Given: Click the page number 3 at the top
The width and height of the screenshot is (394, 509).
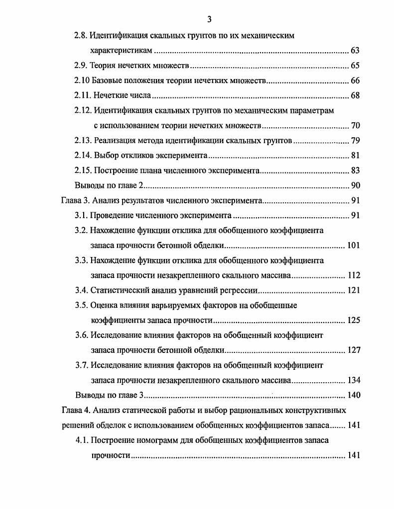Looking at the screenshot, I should click(x=209, y=19).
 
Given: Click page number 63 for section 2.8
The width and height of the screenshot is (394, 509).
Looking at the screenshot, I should click(x=355, y=51).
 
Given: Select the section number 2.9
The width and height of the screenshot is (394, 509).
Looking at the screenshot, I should click(x=81, y=66).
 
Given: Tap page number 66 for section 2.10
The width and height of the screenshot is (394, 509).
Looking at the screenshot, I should click(x=355, y=81).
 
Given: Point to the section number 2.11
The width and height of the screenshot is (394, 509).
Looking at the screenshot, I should click(x=83, y=95).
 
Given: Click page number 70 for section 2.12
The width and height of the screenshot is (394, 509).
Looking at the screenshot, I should click(x=355, y=125).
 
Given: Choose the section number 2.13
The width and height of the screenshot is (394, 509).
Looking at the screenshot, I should click(x=83, y=140).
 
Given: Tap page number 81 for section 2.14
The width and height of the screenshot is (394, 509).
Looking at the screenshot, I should click(x=355, y=156).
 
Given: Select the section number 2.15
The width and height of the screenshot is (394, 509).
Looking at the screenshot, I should click(x=83, y=170).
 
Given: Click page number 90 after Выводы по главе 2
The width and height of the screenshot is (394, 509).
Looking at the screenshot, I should click(x=355, y=186).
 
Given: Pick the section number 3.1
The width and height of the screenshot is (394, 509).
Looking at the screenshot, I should click(x=81, y=216).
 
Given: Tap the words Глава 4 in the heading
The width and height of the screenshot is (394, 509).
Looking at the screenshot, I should click(x=75, y=410).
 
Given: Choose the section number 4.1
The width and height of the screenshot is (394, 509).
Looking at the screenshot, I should click(x=81, y=440).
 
